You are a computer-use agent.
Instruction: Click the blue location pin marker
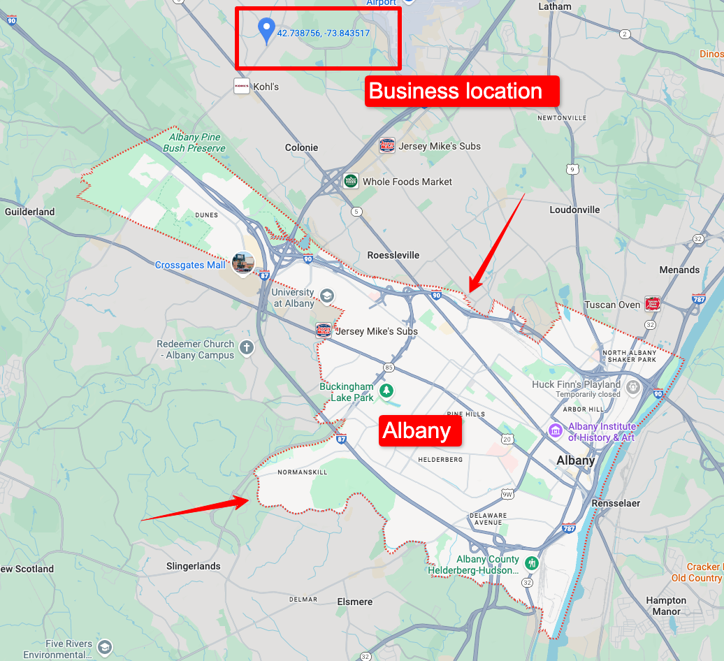(x=266, y=30)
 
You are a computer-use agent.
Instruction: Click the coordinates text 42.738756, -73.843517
(x=323, y=33)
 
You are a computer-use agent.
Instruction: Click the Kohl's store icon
(x=242, y=87)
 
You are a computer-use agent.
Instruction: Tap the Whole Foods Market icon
(x=351, y=182)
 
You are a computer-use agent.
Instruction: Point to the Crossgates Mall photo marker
(x=243, y=263)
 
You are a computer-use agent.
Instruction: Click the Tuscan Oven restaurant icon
(x=653, y=304)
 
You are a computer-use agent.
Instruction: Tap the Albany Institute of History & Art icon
(x=556, y=430)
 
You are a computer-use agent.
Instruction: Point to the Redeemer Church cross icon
(x=246, y=347)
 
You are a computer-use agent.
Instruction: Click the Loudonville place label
(x=574, y=210)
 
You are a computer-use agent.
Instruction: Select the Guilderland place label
(x=29, y=212)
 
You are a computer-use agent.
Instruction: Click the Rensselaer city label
(x=615, y=503)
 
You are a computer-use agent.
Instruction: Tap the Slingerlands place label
(x=194, y=567)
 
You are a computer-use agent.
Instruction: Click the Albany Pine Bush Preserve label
(x=194, y=143)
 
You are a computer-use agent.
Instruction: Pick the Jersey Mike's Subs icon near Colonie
(x=387, y=146)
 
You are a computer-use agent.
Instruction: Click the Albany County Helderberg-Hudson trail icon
(x=533, y=562)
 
